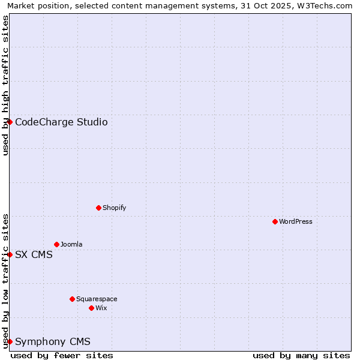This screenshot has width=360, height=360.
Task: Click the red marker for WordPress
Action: coord(275,221)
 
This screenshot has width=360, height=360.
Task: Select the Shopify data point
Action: coord(99,208)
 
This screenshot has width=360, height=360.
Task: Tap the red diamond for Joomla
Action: coord(57,244)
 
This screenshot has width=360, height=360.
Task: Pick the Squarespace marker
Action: coord(73,299)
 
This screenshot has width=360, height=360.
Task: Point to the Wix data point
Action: coord(92,308)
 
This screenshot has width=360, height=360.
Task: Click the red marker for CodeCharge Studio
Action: coord(10,122)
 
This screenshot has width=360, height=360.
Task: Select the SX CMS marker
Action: coord(10,254)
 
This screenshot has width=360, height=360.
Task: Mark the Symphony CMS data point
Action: coord(10,341)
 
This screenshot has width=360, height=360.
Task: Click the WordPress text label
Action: coord(296,221)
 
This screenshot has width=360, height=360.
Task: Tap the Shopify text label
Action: coord(114,208)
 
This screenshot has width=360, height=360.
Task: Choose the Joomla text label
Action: coord(71,244)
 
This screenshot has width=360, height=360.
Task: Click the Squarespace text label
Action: coord(97,299)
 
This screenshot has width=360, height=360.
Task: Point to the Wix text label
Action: coord(101,308)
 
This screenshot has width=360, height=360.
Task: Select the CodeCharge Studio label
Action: coord(61,122)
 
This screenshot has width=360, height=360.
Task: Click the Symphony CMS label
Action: coord(53,342)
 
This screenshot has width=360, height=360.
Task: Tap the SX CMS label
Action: coord(34,254)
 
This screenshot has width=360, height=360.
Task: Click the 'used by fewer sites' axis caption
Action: coord(62,355)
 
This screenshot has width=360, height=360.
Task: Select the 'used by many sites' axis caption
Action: coord(301,355)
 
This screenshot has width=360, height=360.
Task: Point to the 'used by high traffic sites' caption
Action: coord(5,86)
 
